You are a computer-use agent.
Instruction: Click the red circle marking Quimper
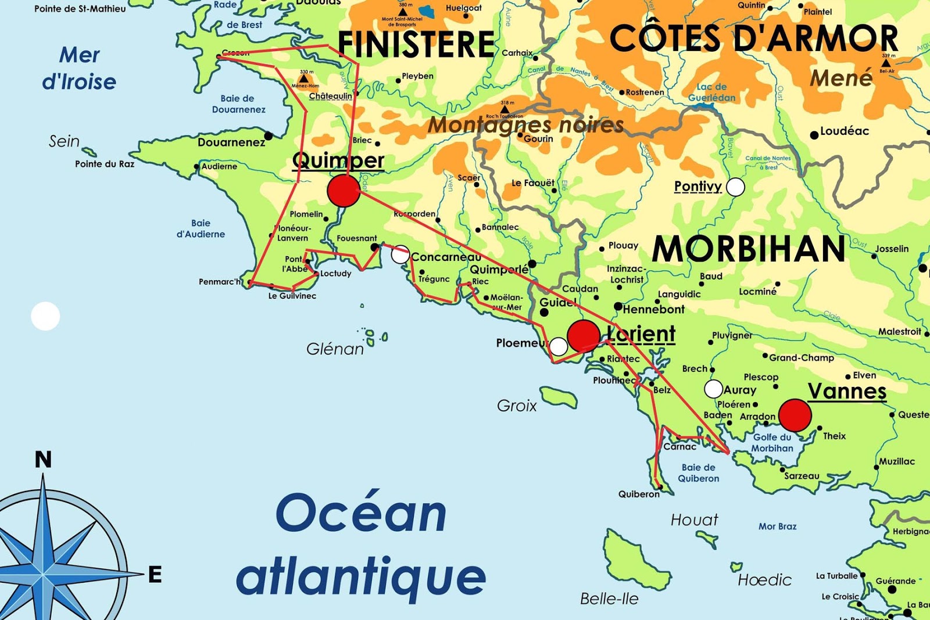(344, 191)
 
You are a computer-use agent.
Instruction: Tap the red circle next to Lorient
(583, 335)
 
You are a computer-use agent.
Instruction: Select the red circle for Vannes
(795, 415)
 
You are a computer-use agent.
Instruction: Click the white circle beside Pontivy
(735, 187)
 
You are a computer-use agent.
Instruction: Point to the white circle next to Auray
(713, 389)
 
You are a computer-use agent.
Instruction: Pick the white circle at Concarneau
(400, 254)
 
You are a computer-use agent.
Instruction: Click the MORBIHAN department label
(749, 249)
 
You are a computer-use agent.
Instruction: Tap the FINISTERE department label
(416, 44)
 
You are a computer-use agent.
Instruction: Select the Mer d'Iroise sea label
(79, 69)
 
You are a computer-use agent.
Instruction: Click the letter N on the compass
(43, 460)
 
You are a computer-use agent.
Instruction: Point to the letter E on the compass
(155, 575)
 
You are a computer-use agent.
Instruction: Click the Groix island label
(517, 406)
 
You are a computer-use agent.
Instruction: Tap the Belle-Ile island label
(609, 599)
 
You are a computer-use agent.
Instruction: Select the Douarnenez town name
(231, 142)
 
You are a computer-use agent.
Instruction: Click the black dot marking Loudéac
(814, 135)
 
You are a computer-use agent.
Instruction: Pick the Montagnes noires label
(525, 124)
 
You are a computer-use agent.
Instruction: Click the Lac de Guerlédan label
(711, 92)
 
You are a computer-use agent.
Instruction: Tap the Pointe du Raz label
(105, 164)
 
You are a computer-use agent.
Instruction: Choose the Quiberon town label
(639, 494)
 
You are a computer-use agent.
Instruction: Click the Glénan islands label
(335, 349)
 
